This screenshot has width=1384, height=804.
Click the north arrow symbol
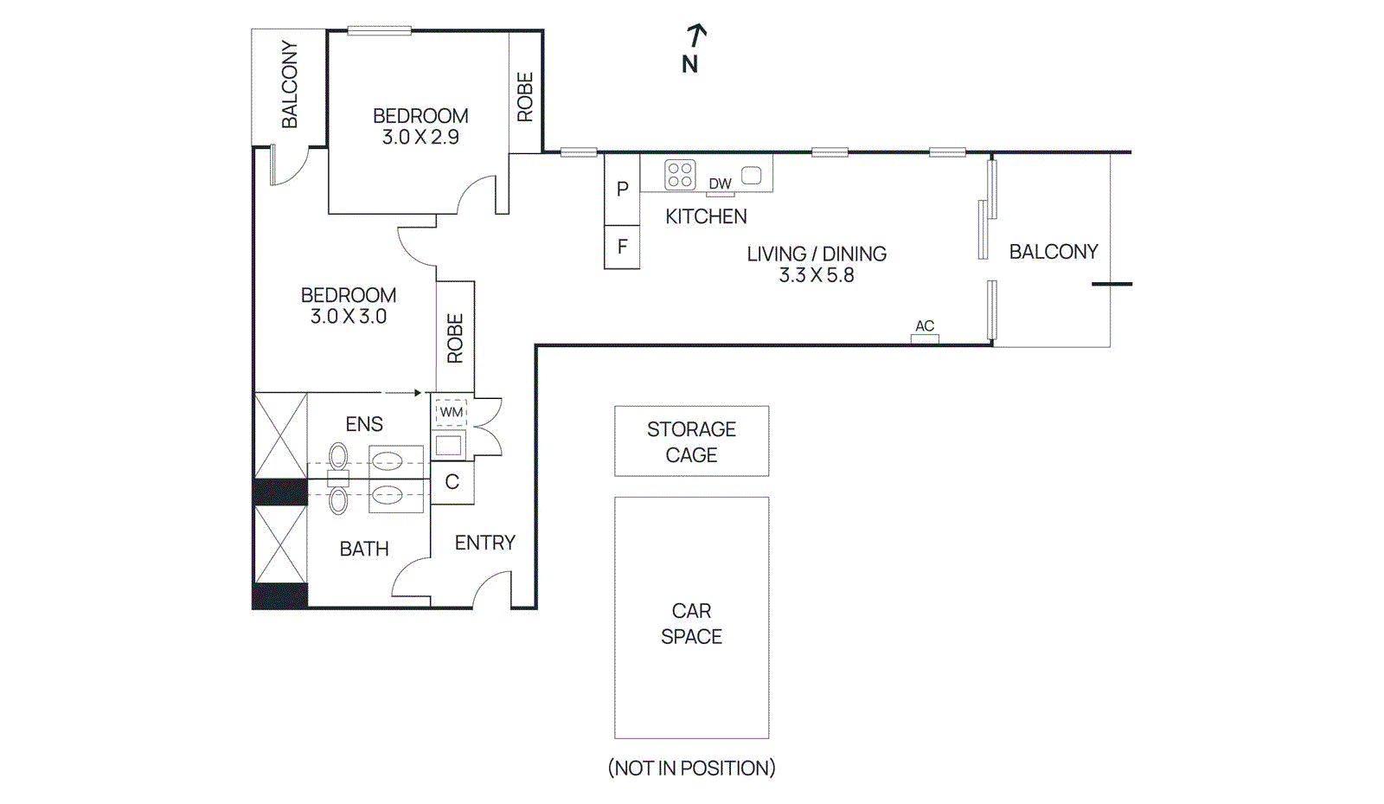pos(695,35)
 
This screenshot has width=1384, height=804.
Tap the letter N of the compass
pos(689,65)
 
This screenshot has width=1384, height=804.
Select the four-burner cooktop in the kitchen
pos(680,175)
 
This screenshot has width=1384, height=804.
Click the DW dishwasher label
pos(720,183)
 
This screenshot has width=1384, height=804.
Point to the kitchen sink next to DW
pos(752,176)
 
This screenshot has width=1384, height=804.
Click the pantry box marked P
pos(622,190)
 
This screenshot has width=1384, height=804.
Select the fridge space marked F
pos(622,248)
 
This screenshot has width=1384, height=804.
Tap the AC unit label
pos(925,326)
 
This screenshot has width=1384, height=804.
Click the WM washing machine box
pos(451,413)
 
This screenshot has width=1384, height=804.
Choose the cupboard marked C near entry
pos(452,482)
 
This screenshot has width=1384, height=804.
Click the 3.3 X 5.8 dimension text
pos(817,275)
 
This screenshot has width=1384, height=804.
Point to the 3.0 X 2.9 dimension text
pos(420,137)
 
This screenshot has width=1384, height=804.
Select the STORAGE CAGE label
pos(691,441)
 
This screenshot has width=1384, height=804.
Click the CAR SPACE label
pos(691,623)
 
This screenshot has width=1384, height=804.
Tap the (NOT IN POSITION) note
pos(691,768)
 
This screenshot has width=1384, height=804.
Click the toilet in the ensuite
pos(338,457)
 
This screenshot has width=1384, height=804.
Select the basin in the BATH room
pos(387,496)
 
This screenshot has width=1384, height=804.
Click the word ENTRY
pos(484,543)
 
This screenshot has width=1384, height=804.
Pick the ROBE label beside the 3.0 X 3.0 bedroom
pos(455,338)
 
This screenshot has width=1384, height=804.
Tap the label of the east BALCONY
pos(1053,252)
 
